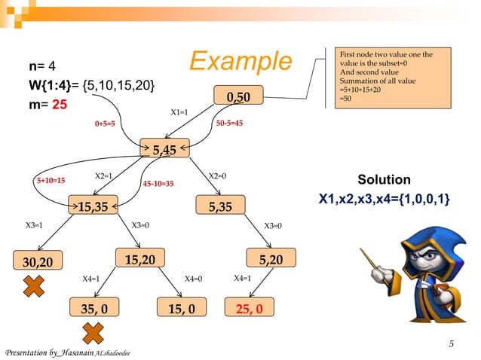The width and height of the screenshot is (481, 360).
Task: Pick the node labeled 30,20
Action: pyautogui.click(x=37, y=261)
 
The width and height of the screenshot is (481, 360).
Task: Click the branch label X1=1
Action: pyautogui.click(x=179, y=112)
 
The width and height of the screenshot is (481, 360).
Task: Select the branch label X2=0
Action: pyautogui.click(x=218, y=176)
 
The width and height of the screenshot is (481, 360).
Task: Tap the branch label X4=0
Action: pyautogui.click(x=194, y=279)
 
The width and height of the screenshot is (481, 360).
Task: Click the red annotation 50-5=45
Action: pyautogui.click(x=229, y=123)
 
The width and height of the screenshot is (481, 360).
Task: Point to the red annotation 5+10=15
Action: pyautogui.click(x=51, y=181)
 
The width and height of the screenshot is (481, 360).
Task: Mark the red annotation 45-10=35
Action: pyautogui.click(x=158, y=183)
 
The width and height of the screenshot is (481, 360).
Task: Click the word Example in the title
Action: pyautogui.click(x=239, y=62)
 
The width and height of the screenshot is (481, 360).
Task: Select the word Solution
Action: pyautogui.click(x=384, y=180)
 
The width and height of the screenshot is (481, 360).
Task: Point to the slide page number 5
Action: pyautogui.click(x=450, y=345)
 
